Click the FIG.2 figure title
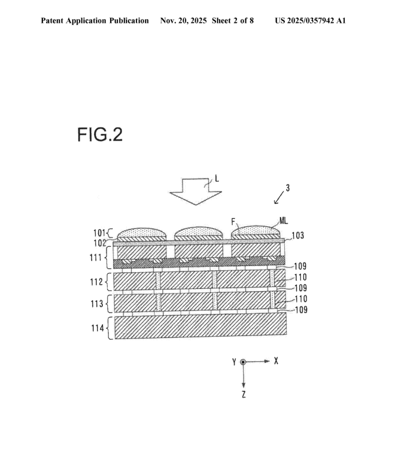tap(100, 134)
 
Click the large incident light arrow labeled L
tap(195, 192)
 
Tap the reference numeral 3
tap(287, 188)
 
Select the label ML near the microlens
tap(283, 221)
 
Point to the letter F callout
tap(234, 222)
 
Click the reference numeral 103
tap(298, 236)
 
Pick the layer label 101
tap(99, 233)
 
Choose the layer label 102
tap(100, 243)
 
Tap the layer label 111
tap(96, 258)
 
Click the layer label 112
tap(96, 282)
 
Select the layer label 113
tap(97, 304)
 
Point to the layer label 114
tap(98, 328)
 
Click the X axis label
tap(276, 361)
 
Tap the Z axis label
tap(243, 395)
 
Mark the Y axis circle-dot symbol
tap(243, 362)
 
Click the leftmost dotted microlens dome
tap(142, 232)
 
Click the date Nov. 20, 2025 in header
tap(183, 21)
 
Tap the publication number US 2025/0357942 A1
tap(310, 21)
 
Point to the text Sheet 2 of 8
tap(233, 21)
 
